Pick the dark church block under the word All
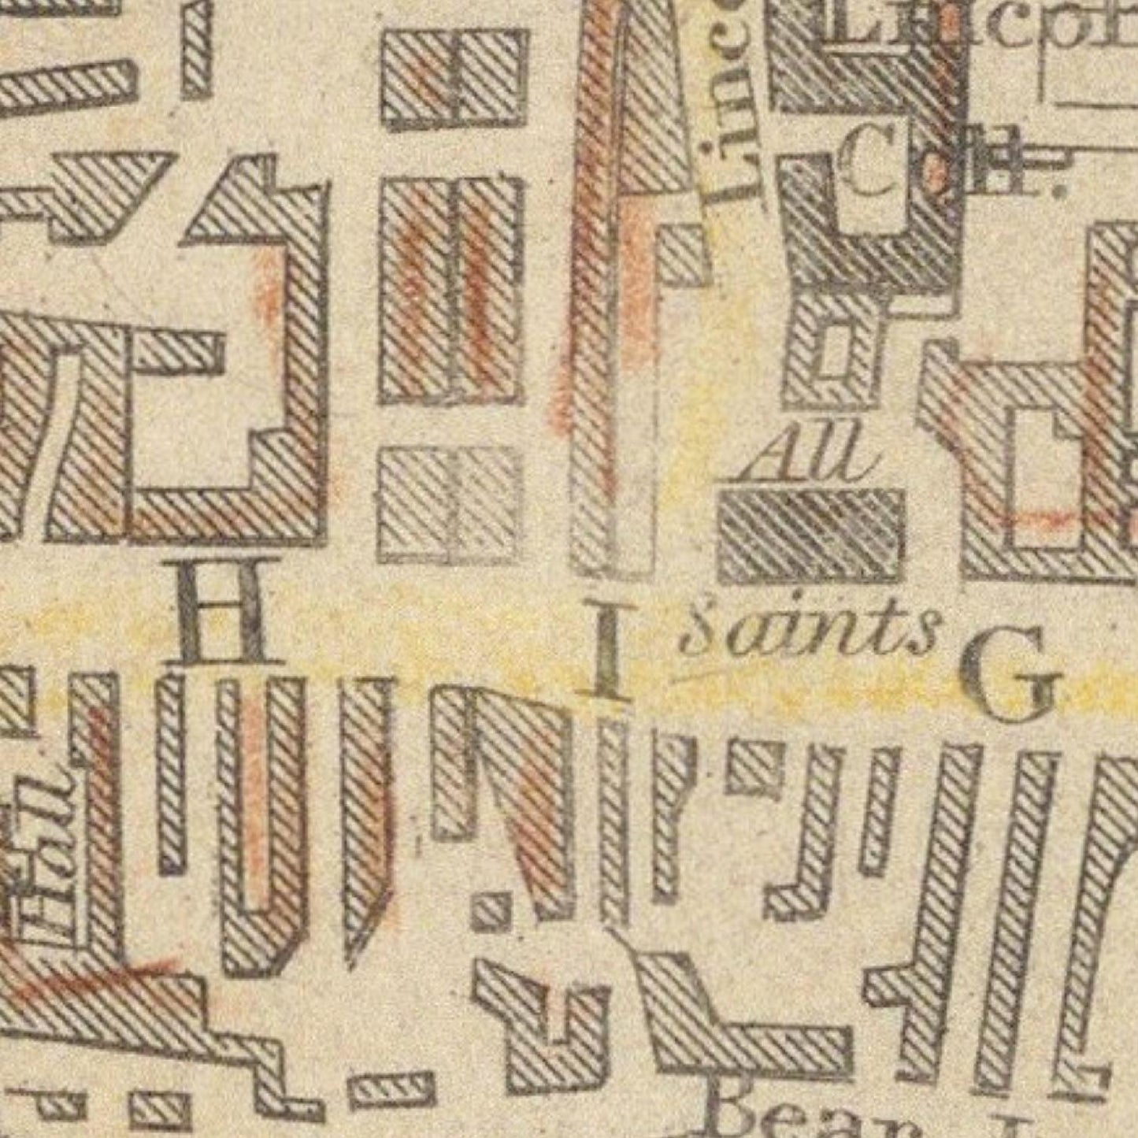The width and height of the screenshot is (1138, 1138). pyautogui.click(x=811, y=536)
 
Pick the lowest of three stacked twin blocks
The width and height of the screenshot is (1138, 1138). pyautogui.click(x=450, y=504)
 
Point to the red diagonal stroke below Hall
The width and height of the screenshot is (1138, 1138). pyautogui.click(x=95, y=977)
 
